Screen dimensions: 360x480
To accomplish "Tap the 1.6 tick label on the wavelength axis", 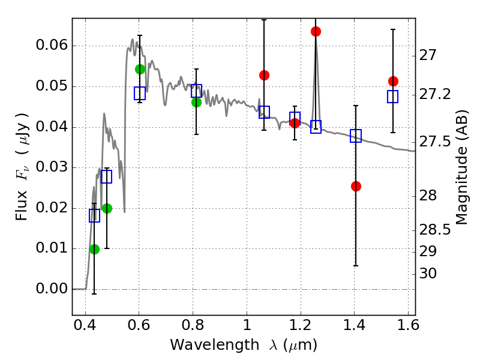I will pos(408,328).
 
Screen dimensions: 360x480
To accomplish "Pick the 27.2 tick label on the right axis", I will pos(436,94).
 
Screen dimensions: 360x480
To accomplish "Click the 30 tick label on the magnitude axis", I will pos(428,274).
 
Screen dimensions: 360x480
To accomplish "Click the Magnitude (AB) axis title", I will pos(462,167).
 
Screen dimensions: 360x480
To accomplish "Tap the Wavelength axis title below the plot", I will pos(243,345).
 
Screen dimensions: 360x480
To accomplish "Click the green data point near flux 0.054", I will pos(140,69).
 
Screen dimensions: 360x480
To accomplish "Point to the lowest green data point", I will pos(94,249).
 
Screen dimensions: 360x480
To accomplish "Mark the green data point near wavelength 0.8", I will pos(196,102).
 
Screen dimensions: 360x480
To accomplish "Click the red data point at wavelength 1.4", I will pos(356,186).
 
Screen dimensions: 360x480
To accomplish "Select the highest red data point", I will pos(316,31).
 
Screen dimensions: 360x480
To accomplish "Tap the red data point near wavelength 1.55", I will pos(393,81).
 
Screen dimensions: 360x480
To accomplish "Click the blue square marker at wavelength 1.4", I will pos(356,136).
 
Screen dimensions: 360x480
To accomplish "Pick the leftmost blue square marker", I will pos(94,216).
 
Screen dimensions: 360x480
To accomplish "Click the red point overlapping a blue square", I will pos(295,123).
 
